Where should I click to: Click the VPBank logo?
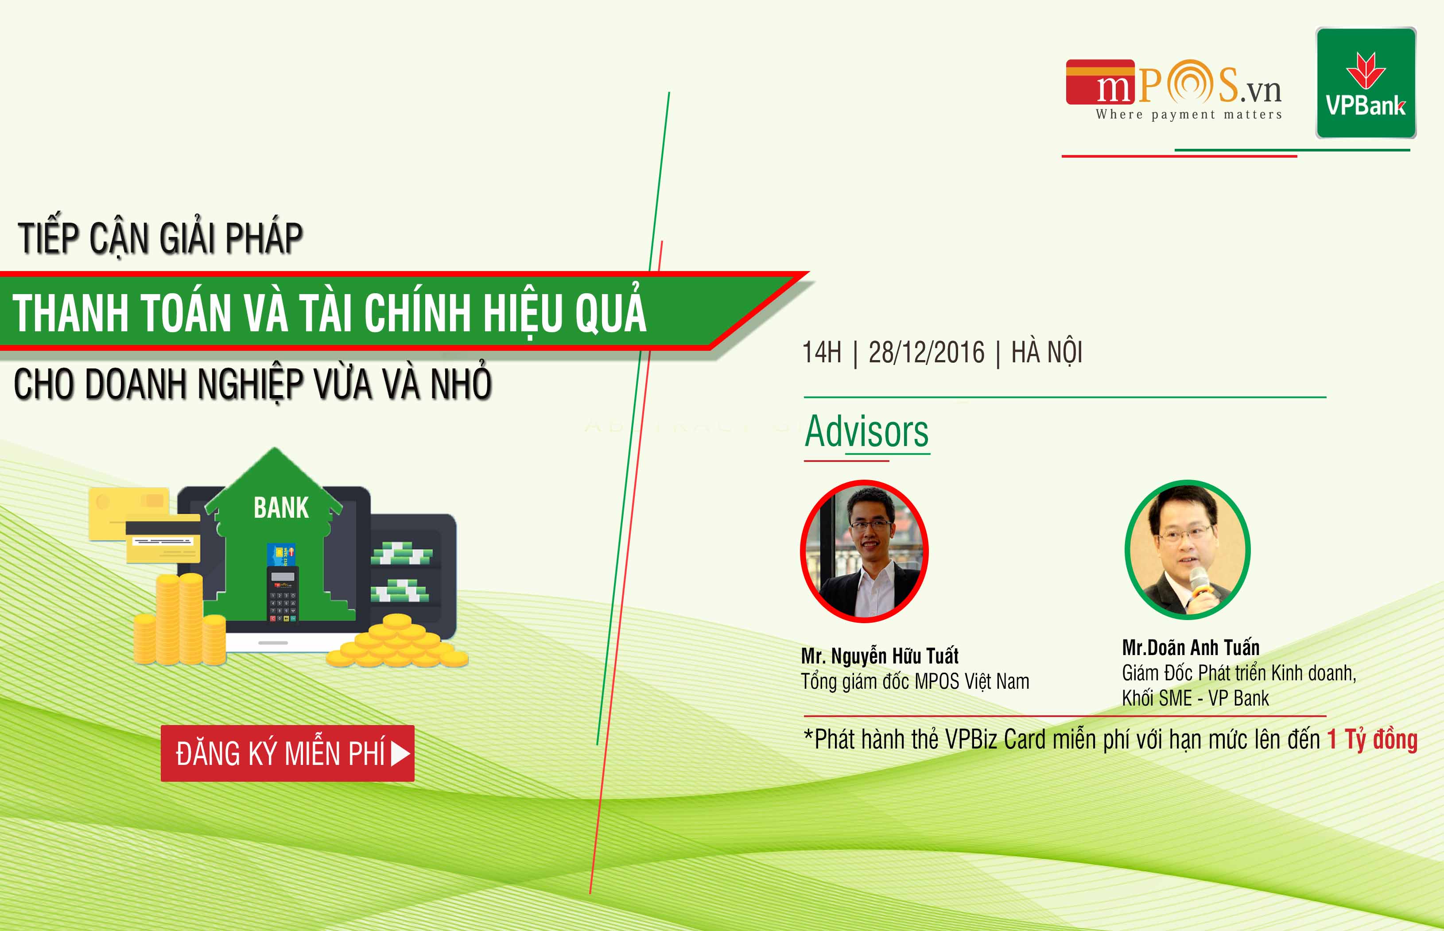click(x=1366, y=83)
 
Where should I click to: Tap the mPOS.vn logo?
click(x=1173, y=89)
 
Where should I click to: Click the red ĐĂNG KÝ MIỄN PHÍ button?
click(x=288, y=753)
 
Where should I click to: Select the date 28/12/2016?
click(x=926, y=353)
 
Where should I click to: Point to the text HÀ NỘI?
click(x=1047, y=352)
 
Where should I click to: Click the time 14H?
click(x=821, y=353)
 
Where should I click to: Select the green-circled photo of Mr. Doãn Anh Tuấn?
click(x=1188, y=550)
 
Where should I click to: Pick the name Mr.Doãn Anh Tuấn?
click(x=1191, y=648)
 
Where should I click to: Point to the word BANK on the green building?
click(x=281, y=508)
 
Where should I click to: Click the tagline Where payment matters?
click(x=1189, y=114)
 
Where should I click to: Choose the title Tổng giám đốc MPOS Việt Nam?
click(x=915, y=681)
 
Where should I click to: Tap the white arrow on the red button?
click(x=400, y=753)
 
